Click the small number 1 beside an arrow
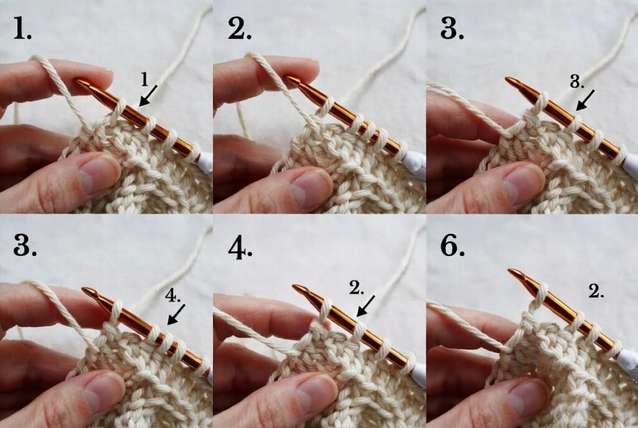click(144, 79)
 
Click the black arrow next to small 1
click(148, 96)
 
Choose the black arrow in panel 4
click(366, 305)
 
